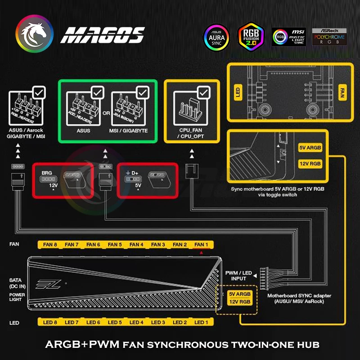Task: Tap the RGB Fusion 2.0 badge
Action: coord(251,35)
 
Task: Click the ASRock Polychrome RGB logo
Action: coord(329,34)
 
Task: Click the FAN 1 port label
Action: coord(201,244)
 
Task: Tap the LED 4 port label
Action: coord(136,323)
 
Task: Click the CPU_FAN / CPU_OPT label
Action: coord(191,133)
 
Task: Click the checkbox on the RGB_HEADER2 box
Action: coord(39,93)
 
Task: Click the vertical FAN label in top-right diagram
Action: coord(342,93)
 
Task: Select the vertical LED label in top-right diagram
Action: coord(237,93)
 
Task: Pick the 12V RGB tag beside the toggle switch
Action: coord(310,163)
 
